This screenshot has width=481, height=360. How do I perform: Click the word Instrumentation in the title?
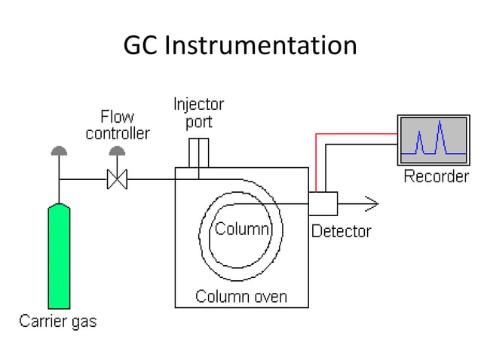(x=260, y=46)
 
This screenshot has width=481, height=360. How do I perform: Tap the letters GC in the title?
(x=141, y=46)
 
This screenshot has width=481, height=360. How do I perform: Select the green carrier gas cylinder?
(x=59, y=256)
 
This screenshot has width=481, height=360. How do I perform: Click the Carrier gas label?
(x=58, y=322)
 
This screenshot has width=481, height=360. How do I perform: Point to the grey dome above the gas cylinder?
(x=59, y=151)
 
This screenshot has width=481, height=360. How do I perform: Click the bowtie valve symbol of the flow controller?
(x=117, y=180)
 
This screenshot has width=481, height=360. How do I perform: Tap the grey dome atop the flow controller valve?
(x=117, y=151)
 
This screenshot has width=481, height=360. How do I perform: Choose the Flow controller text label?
(x=118, y=126)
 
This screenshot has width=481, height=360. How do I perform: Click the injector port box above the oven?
(x=198, y=153)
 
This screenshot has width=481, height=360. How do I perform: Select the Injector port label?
(x=198, y=112)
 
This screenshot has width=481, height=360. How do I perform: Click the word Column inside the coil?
(x=242, y=229)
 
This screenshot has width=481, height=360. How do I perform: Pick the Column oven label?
(x=241, y=296)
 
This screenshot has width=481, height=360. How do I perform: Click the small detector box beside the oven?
(x=323, y=203)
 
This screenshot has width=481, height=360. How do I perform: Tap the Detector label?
(x=341, y=231)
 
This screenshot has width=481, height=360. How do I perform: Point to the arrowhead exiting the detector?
(x=370, y=203)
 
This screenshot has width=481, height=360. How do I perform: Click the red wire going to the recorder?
(x=354, y=135)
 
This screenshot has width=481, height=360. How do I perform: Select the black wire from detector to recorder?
(x=358, y=145)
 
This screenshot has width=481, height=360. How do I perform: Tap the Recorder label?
(x=436, y=177)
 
